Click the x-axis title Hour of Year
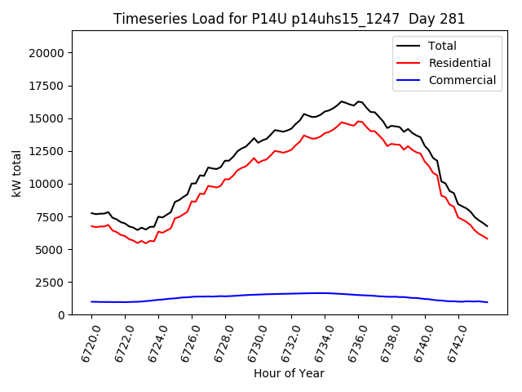tap(289, 373)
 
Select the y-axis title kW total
tap(16, 172)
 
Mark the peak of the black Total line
tap(342, 101)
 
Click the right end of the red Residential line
tap(487, 238)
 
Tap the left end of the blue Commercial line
tap(92, 301)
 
